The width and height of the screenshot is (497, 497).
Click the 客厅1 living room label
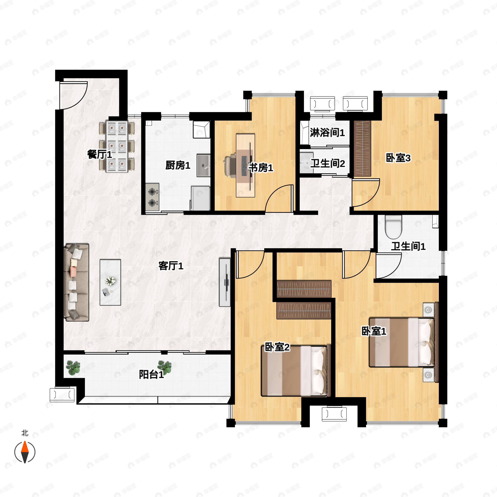pos(171,266)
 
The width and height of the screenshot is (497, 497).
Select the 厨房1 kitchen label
pos(178,165)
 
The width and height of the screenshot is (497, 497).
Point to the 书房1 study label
pos(260,168)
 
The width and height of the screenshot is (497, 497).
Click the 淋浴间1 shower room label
pos(327,133)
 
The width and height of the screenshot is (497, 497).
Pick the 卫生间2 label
pos(327,163)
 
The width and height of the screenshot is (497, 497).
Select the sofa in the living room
pos(76,282)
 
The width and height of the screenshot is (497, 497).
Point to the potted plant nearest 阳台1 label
pos(165,366)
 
